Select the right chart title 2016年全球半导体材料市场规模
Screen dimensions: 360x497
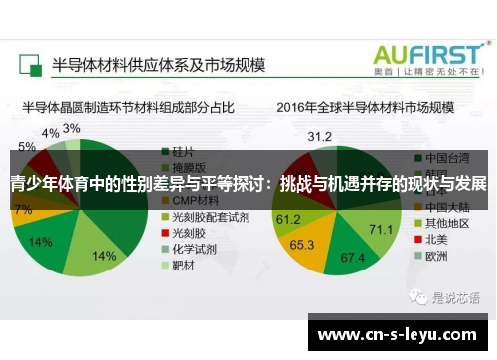pyautogui.click(x=365, y=106)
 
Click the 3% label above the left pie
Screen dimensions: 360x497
pyautogui.click(x=72, y=129)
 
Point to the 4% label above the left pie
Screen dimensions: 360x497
pyautogui.click(x=50, y=133)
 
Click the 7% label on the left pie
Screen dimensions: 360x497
pyautogui.click(x=23, y=210)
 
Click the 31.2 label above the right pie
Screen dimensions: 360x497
pyautogui.click(x=320, y=136)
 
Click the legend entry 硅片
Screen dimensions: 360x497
pyautogui.click(x=179, y=153)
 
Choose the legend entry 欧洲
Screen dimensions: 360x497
pyautogui.click(x=436, y=254)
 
